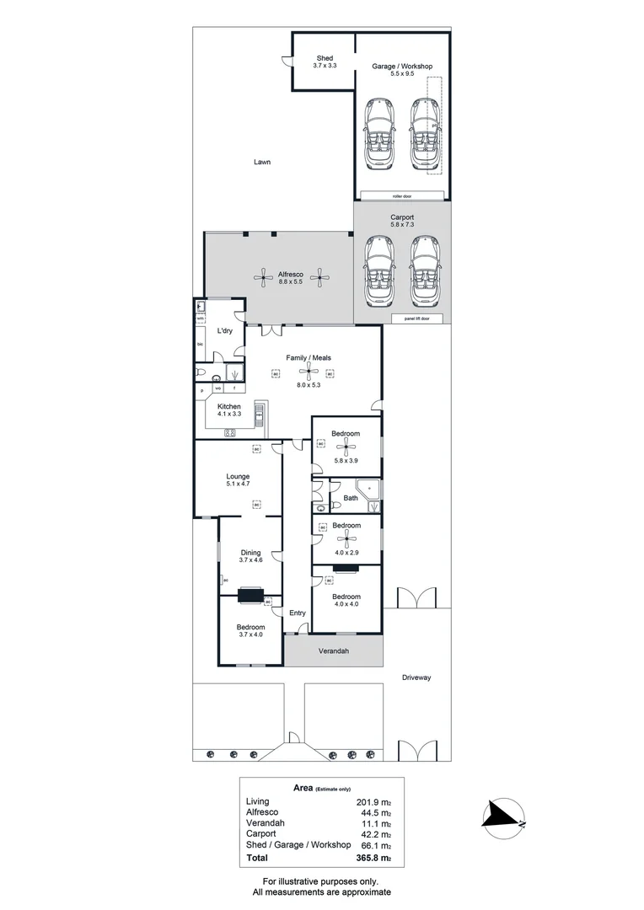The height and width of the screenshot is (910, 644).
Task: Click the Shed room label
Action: pyautogui.click(x=325, y=58)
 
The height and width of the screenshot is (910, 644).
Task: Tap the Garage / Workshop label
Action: pyautogui.click(x=402, y=66)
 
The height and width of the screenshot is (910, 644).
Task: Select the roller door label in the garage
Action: pyautogui.click(x=401, y=195)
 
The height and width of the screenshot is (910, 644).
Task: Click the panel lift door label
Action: pyautogui.click(x=416, y=318)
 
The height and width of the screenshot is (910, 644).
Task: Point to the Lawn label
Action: pyautogui.click(x=262, y=163)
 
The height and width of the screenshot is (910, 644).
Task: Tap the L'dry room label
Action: pyautogui.click(x=225, y=331)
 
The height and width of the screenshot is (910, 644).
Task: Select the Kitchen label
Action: pyautogui.click(x=229, y=406)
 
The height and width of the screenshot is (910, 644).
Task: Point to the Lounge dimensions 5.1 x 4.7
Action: pyautogui.click(x=238, y=484)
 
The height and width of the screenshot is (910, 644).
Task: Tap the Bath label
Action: pyautogui.click(x=351, y=498)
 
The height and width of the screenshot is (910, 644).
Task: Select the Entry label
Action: pyautogui.click(x=298, y=613)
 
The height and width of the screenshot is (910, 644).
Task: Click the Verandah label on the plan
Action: pyautogui.click(x=333, y=651)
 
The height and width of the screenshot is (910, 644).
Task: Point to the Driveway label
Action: pyautogui.click(x=416, y=677)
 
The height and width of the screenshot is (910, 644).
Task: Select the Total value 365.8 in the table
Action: pyautogui.click(x=376, y=858)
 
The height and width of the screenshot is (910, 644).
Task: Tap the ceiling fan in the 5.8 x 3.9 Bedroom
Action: pyautogui.click(x=345, y=447)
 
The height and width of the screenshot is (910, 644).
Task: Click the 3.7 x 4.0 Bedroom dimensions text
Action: pyautogui.click(x=250, y=636)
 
